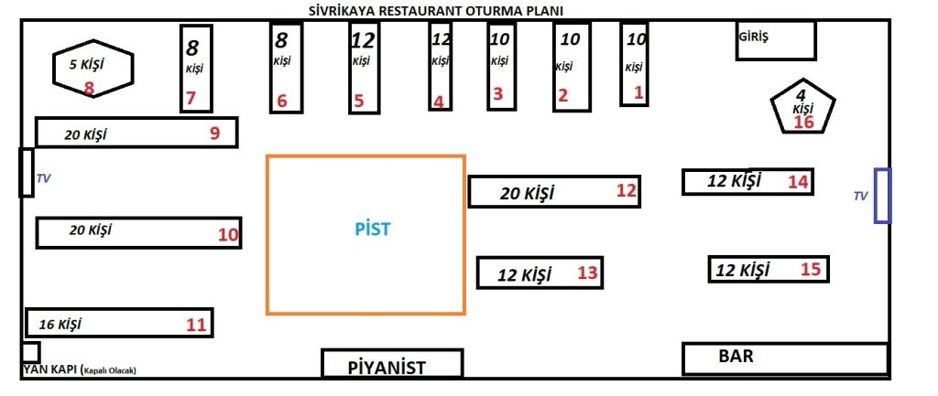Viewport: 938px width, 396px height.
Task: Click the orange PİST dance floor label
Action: pos(372,229)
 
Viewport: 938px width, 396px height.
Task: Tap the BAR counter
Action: pos(784,358)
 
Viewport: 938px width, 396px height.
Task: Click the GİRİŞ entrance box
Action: pos(775,41)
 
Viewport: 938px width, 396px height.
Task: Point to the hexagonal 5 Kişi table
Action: pos(93,68)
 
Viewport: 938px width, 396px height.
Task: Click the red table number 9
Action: pos(214,134)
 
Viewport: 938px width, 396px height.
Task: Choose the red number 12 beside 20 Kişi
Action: pos(626,191)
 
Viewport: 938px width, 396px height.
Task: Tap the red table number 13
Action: pos(587,272)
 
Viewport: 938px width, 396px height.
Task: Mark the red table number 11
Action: pos(196,323)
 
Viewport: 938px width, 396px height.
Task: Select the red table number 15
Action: pos(811,269)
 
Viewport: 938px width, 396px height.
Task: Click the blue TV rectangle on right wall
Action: pos(883,196)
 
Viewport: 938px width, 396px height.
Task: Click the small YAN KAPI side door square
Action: pos(30,352)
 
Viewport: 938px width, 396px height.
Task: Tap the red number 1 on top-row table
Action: pos(638,91)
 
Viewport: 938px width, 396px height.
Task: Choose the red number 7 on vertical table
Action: pos(191,98)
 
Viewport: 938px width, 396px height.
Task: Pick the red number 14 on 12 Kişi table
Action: pos(799,182)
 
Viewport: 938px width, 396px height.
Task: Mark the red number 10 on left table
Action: pos(228,235)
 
